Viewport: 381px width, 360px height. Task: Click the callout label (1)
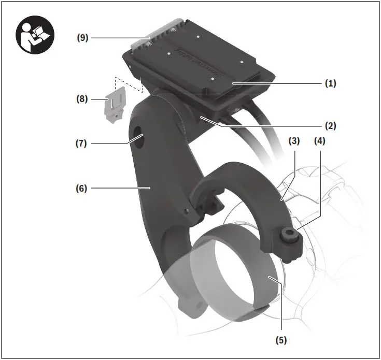(x=330, y=83)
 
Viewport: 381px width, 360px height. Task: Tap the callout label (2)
(x=330, y=125)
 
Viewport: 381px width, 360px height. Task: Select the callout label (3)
(x=294, y=141)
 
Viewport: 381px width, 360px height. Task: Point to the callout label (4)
(x=319, y=141)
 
